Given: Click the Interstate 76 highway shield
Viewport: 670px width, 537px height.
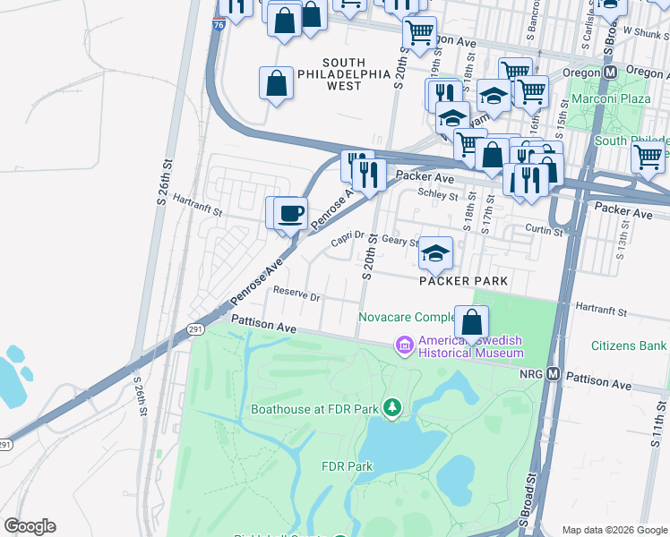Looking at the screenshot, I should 219,26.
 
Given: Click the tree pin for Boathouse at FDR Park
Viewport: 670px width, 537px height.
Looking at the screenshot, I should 391,409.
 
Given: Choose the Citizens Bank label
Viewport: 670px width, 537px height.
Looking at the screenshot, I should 629,345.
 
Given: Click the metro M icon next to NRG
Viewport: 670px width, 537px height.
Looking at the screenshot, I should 554,374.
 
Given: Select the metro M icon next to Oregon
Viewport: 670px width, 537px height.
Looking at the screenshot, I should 611,72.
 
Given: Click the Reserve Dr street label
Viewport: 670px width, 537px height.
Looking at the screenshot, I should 296,294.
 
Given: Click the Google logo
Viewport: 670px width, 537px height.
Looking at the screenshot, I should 30,526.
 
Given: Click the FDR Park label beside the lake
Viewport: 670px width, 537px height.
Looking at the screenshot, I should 347,466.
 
